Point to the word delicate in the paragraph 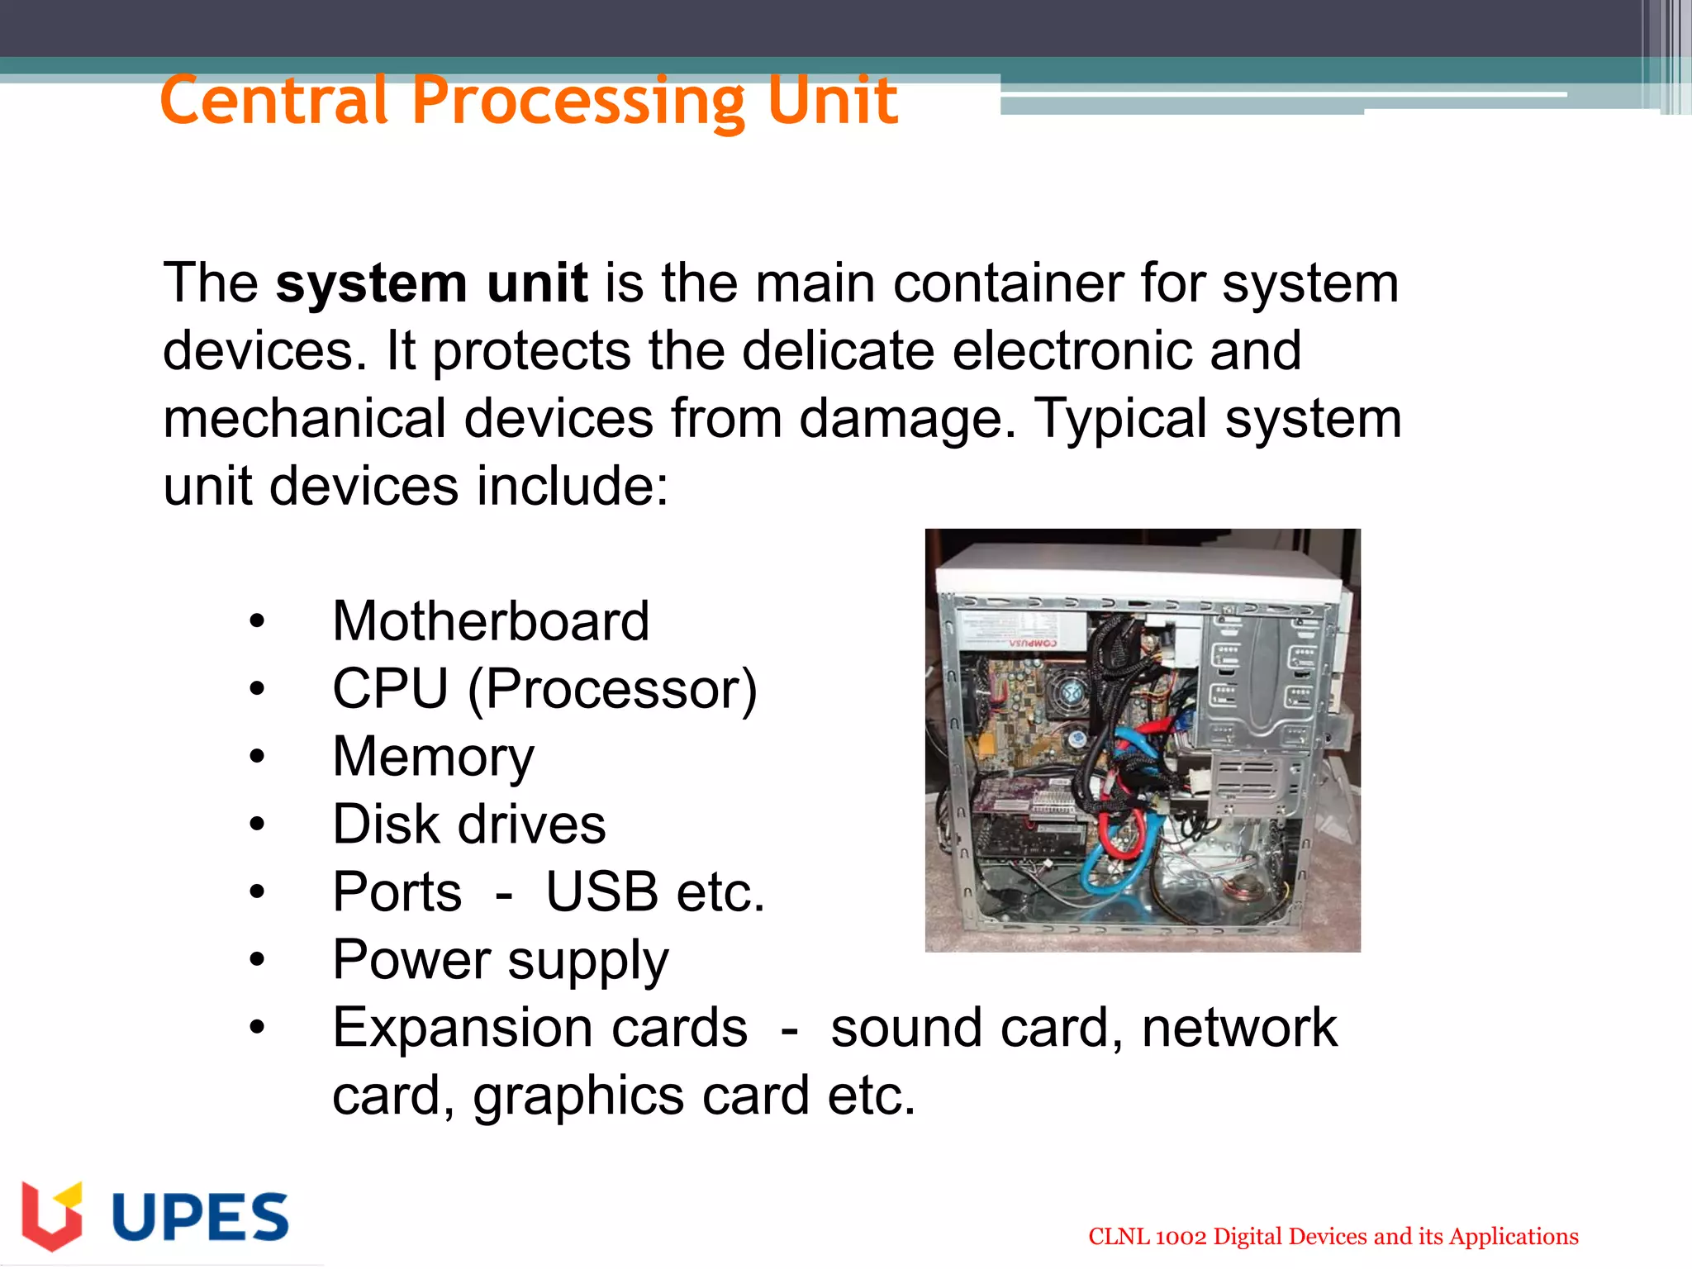pos(838,350)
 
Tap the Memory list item pos(433,757)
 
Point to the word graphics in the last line pos(578,1096)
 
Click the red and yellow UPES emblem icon pos(52,1215)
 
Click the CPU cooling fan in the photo pos(1072,691)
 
